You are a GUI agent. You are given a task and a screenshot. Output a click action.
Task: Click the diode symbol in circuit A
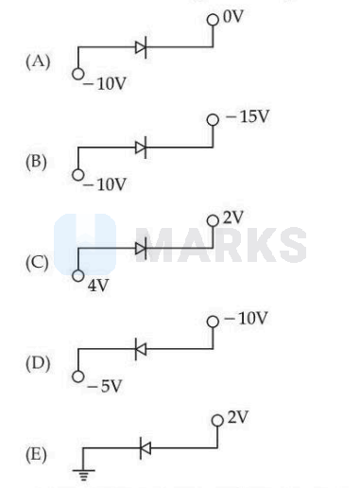pos(141,47)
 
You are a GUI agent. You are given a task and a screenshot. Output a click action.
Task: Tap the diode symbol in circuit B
pos(141,148)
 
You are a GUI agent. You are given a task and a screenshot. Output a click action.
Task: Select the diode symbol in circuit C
pos(141,249)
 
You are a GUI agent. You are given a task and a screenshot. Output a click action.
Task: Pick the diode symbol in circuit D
pos(141,349)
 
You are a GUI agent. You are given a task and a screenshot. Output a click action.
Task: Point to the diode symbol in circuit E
pos(146,448)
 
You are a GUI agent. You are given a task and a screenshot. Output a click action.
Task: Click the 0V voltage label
pos(233,17)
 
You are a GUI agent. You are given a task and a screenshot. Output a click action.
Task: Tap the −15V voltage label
pos(248,116)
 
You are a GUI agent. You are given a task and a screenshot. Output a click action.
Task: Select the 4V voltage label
pos(98,286)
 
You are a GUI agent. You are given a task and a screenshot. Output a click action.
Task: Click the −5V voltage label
pos(104,386)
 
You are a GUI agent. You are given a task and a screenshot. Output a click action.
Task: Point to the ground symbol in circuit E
pos(83,474)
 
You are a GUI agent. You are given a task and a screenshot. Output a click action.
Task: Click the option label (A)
pos(38,61)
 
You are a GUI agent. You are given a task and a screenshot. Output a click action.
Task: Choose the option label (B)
pos(36,162)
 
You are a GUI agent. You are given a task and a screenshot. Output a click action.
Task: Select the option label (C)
pos(37,263)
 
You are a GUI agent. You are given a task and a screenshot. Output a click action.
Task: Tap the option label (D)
pos(38,363)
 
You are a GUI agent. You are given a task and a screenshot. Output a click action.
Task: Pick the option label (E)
pos(36,455)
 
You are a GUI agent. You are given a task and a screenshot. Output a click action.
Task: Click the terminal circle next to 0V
pos(213,20)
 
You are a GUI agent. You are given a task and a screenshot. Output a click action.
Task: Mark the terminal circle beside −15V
pos(213,120)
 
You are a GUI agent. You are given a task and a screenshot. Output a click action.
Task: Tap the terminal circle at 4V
pos(78,275)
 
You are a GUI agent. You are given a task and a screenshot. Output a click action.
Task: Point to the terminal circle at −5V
pos(78,376)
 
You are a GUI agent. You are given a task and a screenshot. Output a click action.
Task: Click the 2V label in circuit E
pos(238,417)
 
